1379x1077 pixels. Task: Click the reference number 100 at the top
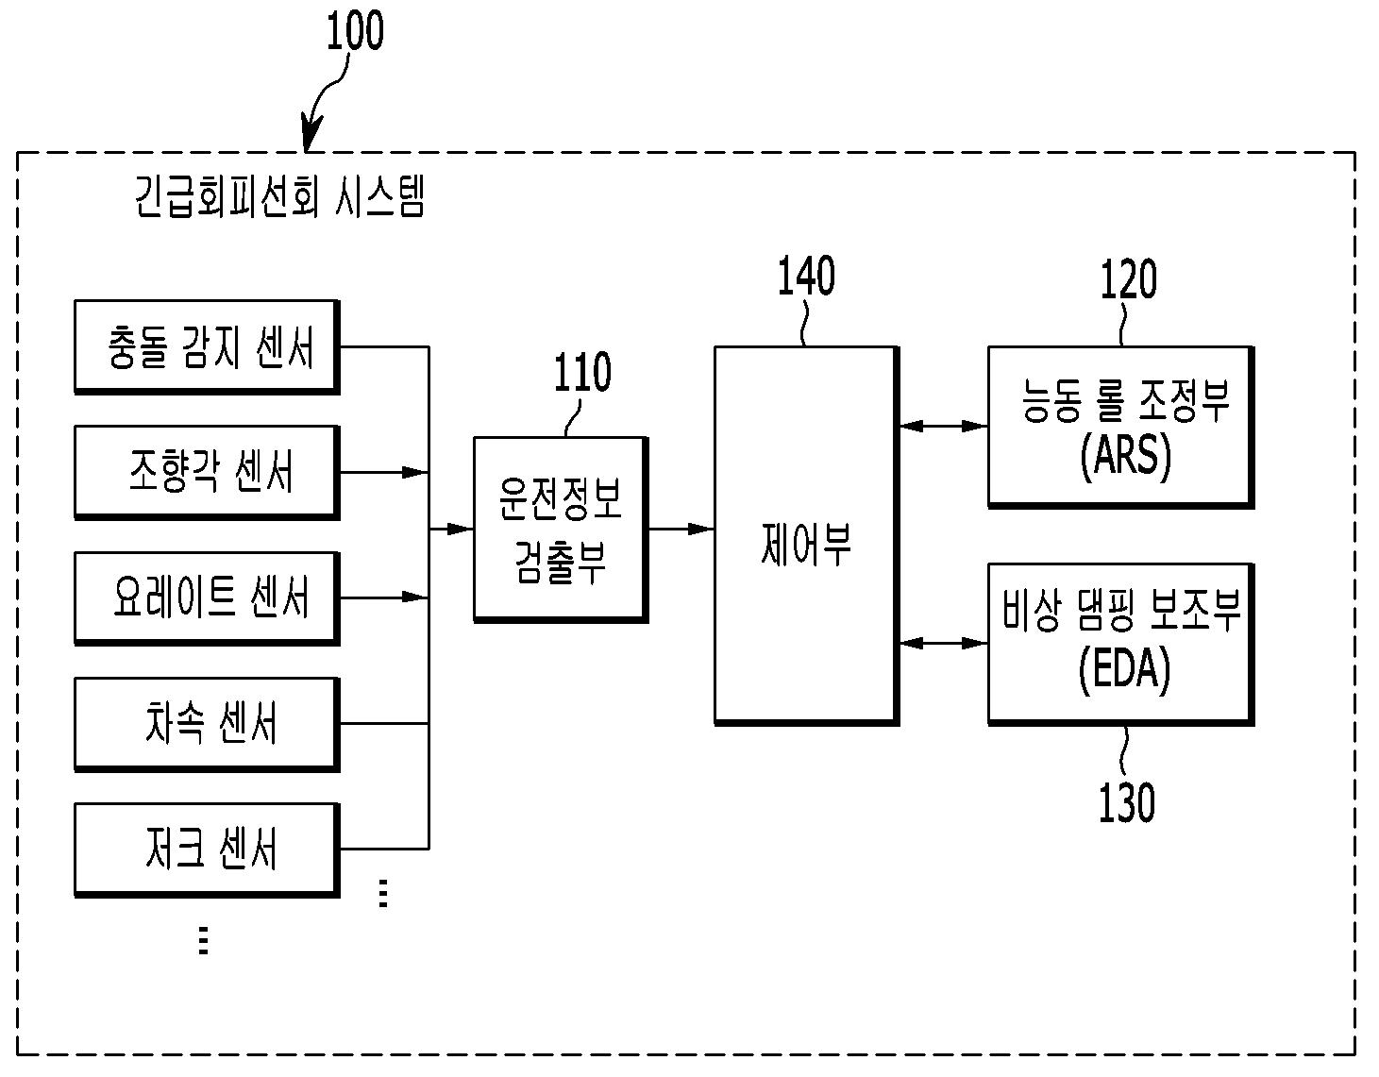point(355,31)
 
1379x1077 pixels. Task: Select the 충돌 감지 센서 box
point(206,346)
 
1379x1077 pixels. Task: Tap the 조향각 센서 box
point(206,471)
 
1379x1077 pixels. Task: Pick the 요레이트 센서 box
point(206,597)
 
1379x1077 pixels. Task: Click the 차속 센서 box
point(206,723)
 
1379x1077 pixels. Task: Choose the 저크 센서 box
point(206,849)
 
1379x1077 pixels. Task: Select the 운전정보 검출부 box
point(560,528)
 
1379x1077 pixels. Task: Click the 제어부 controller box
point(805,535)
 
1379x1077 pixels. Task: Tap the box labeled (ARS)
point(1120,427)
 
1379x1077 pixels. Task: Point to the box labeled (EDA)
point(1120,644)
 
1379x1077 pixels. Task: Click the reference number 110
point(581,374)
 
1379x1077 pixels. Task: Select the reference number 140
point(805,278)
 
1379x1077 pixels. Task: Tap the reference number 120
point(1128,280)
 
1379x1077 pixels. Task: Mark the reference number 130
point(1126,803)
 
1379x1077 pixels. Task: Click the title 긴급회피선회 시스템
point(279,198)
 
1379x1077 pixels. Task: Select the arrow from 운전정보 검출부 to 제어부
point(681,529)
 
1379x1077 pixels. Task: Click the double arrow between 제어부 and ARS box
point(943,427)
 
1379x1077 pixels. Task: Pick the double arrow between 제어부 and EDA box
point(943,644)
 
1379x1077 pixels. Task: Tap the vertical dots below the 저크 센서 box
point(203,940)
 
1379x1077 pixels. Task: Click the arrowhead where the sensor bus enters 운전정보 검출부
point(461,529)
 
